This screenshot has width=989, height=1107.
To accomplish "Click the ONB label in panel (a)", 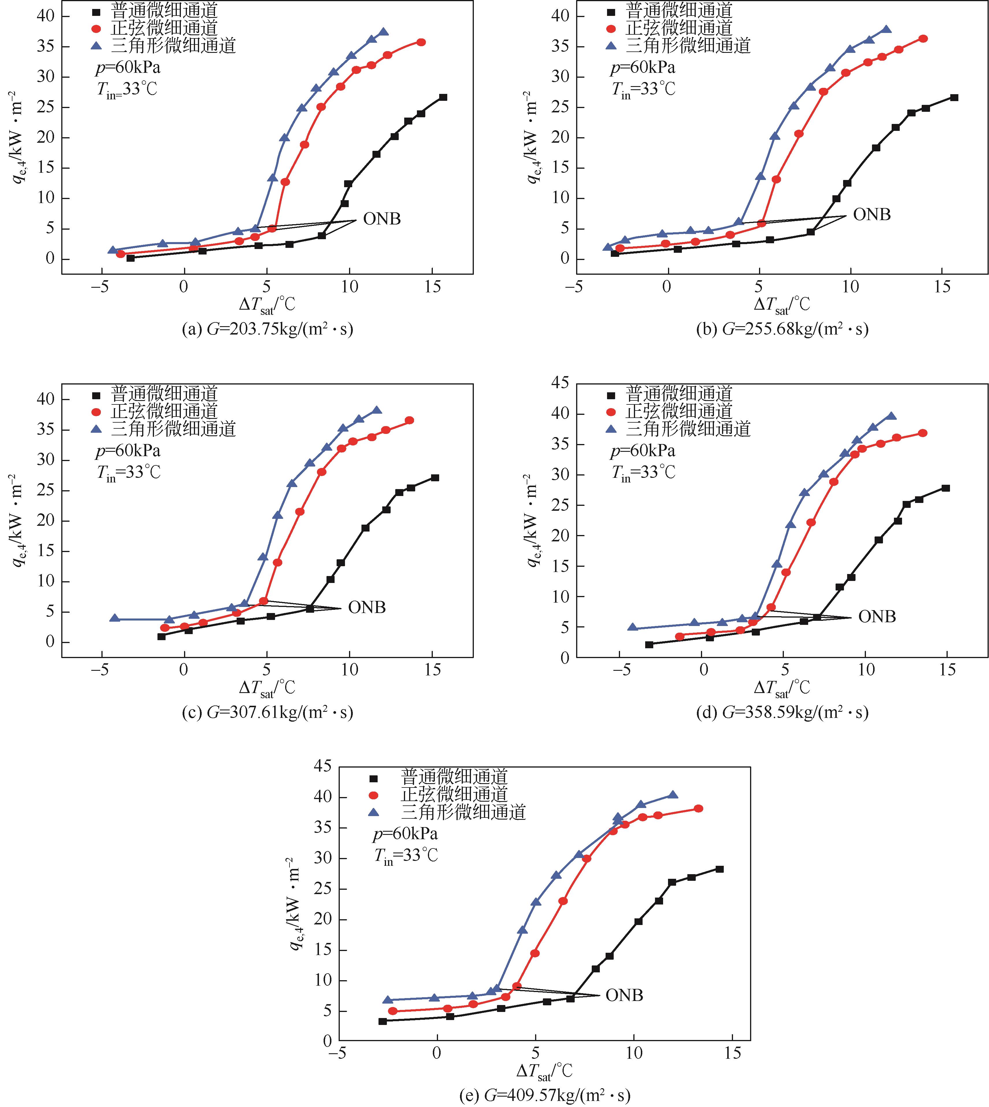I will (382, 219).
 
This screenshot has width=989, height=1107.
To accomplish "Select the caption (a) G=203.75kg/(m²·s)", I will (267, 329).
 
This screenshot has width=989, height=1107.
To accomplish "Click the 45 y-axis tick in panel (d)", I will (560, 383).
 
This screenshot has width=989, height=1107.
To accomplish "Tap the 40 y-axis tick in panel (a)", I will (46, 16).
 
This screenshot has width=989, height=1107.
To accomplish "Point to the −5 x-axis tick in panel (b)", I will (574, 287).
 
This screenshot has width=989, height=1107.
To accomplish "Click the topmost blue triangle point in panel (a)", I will (384, 32).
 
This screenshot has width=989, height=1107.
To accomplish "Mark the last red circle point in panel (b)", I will (923, 38).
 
